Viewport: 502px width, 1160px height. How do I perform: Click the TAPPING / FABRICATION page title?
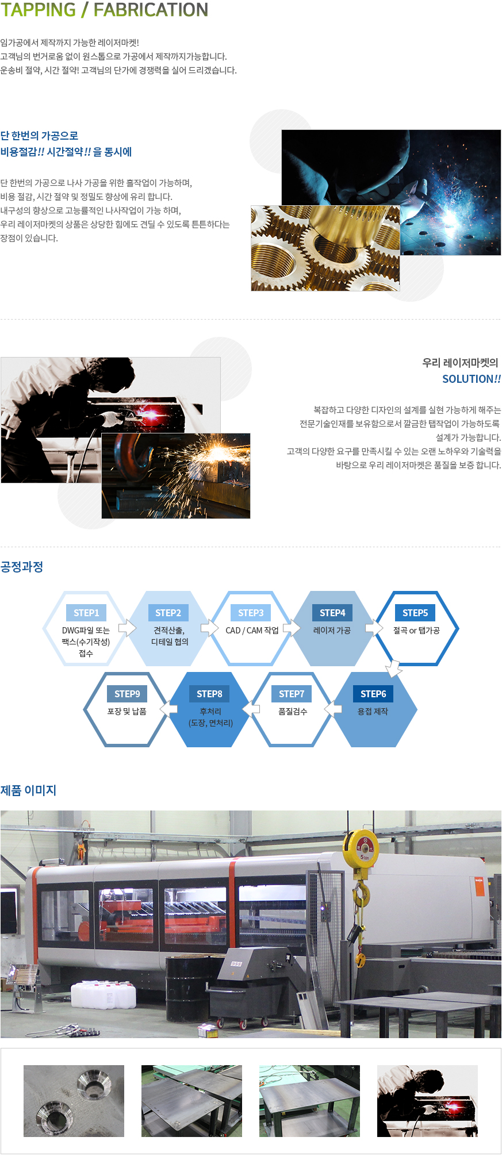coord(104,10)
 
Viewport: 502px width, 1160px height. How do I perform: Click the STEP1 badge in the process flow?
coord(86,613)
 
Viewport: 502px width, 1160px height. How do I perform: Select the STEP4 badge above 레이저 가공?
coord(332,613)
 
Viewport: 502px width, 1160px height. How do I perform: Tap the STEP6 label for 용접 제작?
coord(373,694)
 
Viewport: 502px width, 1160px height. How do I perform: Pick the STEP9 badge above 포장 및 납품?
coord(127,694)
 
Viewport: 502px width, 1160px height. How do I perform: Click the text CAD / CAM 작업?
coord(252,631)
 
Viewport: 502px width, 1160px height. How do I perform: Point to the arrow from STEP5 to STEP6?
coord(394,669)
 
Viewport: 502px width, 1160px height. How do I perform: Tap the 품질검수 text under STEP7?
coord(293,712)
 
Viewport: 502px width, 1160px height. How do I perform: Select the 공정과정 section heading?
coord(22,567)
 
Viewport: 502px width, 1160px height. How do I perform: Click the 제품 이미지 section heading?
coord(28,790)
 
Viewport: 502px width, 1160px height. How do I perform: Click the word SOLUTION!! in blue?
coord(472,379)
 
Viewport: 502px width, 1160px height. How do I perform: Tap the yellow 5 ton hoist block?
coord(361,847)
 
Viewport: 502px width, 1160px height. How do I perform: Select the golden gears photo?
coord(325,248)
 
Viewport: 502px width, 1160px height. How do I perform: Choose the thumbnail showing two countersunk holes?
coord(74,1101)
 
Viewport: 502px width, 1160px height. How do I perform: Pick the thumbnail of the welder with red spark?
coord(427,1101)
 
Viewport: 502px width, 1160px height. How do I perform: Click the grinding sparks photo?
coord(176,476)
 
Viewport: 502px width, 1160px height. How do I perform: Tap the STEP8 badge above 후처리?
coord(209,694)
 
